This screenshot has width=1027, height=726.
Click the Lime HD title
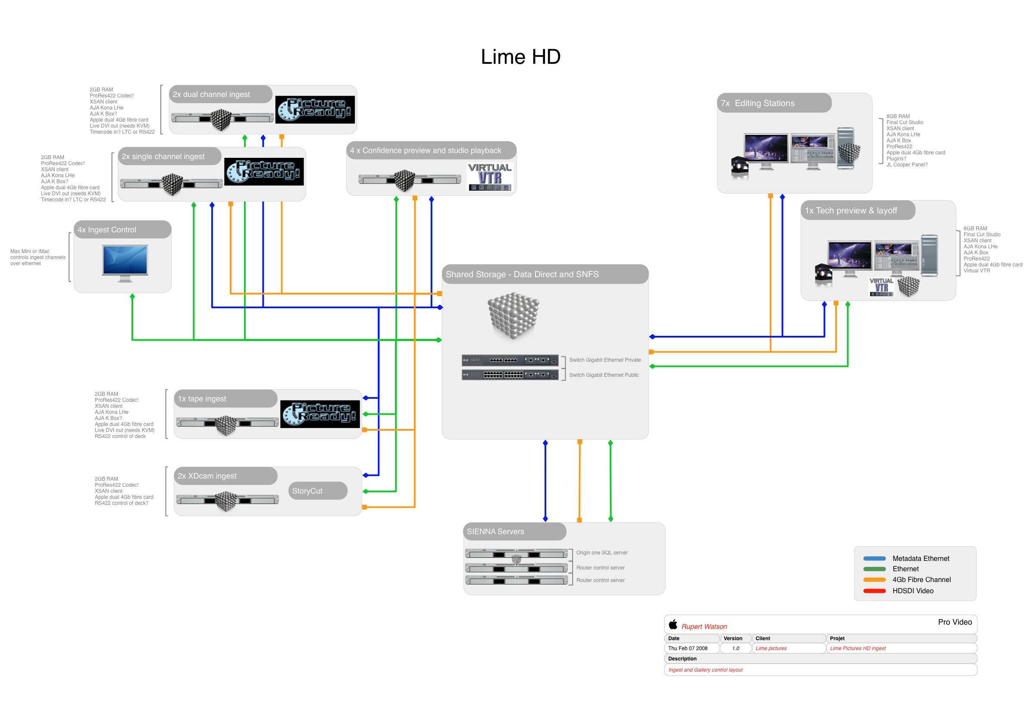coord(520,57)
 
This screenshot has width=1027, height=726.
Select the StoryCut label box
coord(318,491)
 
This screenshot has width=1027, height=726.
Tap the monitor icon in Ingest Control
coord(125,263)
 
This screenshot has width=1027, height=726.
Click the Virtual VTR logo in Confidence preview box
coord(490,177)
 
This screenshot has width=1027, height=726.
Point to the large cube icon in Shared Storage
coord(513,316)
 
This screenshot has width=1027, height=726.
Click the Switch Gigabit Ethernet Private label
coord(605,360)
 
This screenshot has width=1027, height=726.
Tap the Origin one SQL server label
coord(601,553)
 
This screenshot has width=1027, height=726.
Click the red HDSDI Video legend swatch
coord(874,591)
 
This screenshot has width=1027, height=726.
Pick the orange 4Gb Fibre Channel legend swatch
coord(874,580)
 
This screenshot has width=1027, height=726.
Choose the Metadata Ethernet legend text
coord(921,558)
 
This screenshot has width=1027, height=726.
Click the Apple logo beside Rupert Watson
coord(673,624)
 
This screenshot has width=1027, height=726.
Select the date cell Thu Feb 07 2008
coord(688,648)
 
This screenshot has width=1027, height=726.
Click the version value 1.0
coord(736,648)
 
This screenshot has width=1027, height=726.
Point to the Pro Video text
coord(955,622)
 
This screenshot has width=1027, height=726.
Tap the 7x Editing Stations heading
coord(758,103)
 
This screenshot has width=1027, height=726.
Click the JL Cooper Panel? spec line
coord(907,165)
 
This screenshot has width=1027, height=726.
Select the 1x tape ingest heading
coord(202,399)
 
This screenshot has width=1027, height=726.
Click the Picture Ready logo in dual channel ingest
coord(315,110)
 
